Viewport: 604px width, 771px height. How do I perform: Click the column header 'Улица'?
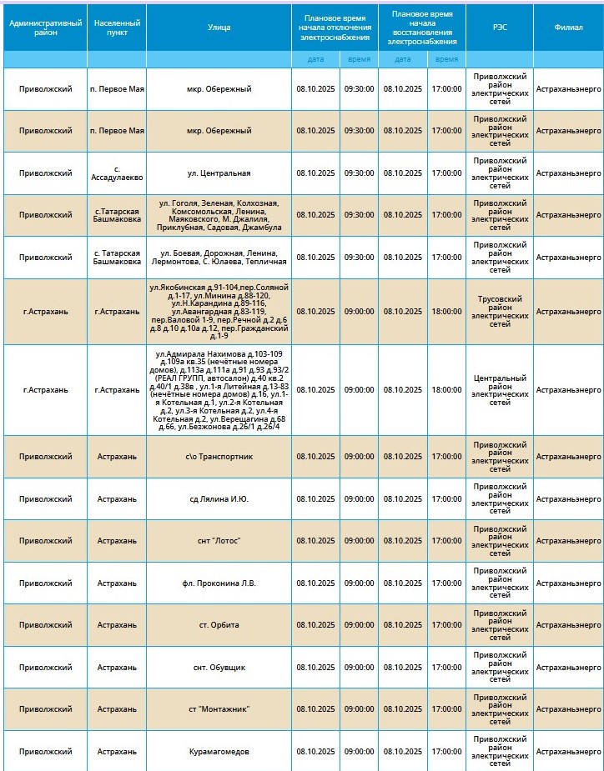[x=219, y=28]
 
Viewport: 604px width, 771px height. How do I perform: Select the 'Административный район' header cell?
[x=45, y=28]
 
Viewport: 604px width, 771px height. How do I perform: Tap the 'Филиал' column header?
[x=568, y=28]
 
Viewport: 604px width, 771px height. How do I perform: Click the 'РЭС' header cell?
[x=499, y=28]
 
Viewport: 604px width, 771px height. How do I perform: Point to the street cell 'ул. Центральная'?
[x=219, y=173]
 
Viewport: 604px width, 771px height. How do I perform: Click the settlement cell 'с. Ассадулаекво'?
[x=117, y=173]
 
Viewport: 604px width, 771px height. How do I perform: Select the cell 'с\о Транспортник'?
[x=219, y=457]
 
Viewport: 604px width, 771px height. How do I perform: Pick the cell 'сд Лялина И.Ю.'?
[x=219, y=499]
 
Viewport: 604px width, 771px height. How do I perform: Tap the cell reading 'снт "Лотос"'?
[x=219, y=541]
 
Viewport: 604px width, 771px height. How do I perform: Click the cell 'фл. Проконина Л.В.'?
[x=219, y=583]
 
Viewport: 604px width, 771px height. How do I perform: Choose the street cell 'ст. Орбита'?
[x=219, y=625]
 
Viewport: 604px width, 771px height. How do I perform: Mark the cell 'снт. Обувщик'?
[x=219, y=668]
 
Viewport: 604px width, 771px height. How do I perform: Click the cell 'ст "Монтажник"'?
[x=219, y=709]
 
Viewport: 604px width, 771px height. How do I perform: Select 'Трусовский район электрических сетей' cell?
[x=499, y=312]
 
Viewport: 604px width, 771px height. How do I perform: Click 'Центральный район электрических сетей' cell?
[x=499, y=390]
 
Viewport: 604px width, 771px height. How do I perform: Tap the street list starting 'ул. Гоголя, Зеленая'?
[x=219, y=215]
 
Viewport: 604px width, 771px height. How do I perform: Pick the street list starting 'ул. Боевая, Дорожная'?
[x=219, y=258]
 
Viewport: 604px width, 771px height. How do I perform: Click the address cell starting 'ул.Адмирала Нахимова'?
[x=219, y=390]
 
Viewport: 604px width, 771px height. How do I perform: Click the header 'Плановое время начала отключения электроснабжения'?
[x=334, y=28]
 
